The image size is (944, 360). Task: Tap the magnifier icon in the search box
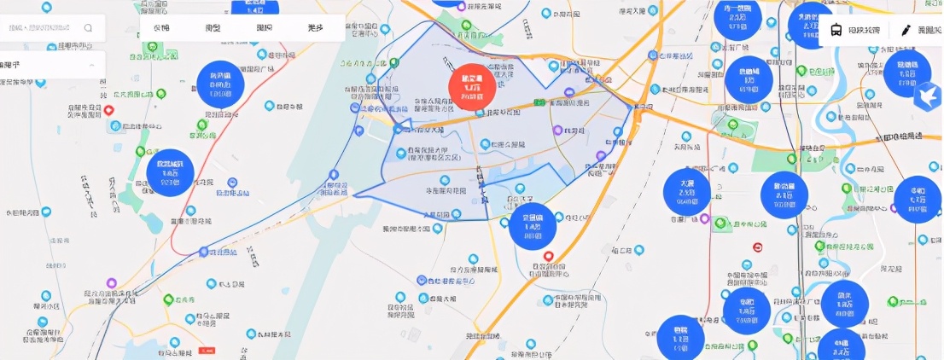[88, 27]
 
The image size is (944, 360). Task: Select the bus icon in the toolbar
[836, 30]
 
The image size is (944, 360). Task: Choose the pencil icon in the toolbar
[906, 30]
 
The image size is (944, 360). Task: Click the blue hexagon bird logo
[924, 96]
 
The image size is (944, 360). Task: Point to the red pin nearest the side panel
[109, 110]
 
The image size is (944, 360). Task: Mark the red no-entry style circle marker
[758, 247]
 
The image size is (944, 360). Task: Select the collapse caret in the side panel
[91, 65]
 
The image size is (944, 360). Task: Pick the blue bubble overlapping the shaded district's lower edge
[532, 224]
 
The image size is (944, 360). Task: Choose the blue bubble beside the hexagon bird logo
[906, 73]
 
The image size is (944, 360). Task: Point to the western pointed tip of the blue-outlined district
[356, 195]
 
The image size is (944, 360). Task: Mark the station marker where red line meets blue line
[203, 252]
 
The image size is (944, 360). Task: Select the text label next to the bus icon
[863, 30]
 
